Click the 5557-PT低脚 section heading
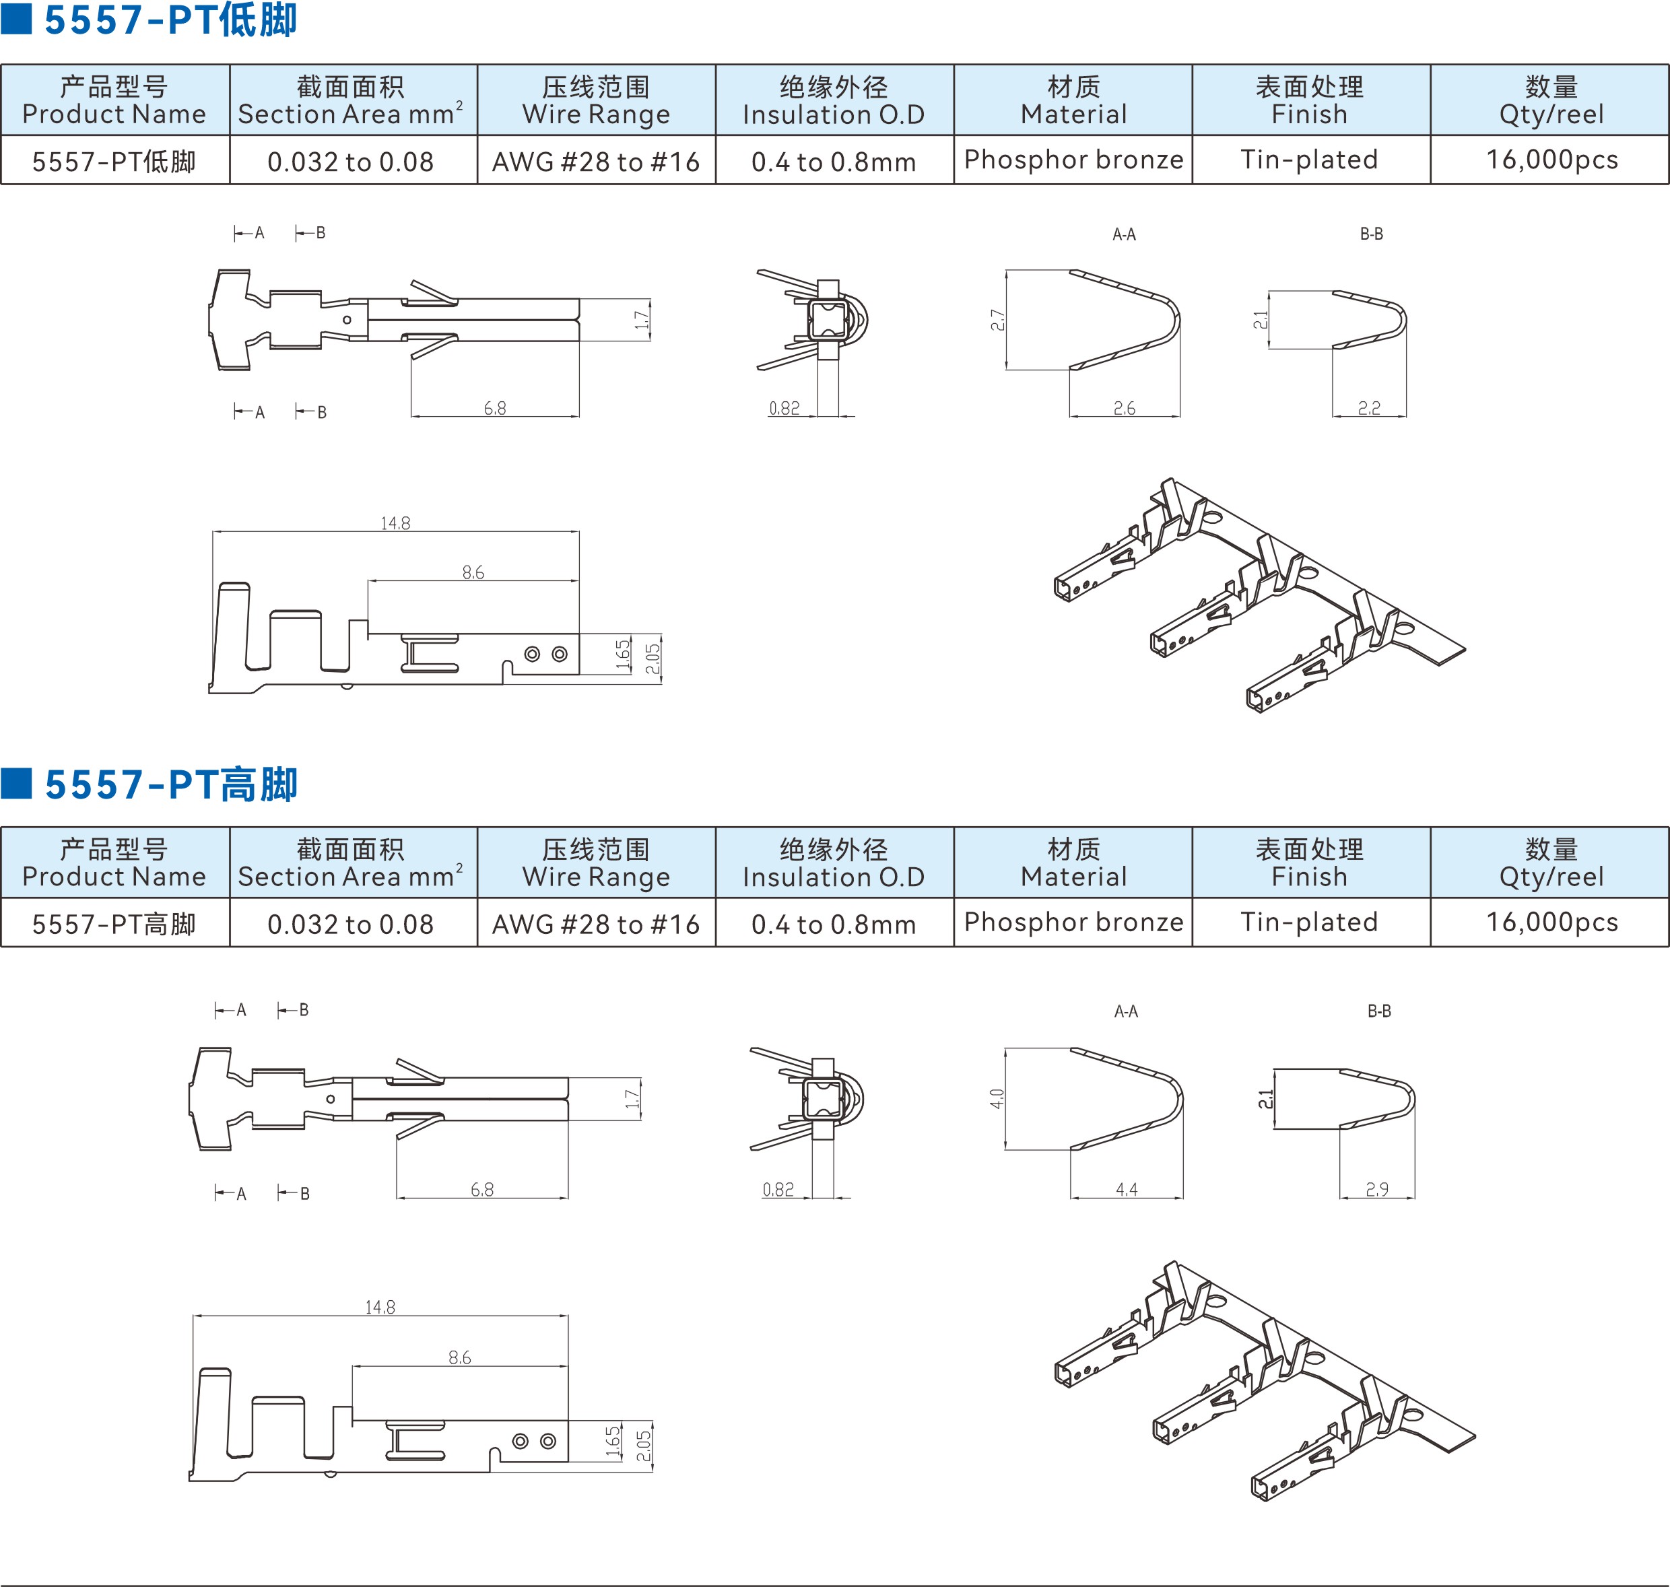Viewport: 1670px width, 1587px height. click(x=170, y=20)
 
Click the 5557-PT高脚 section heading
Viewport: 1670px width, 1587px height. click(x=171, y=784)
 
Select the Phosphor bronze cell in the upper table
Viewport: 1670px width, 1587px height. click(x=1073, y=160)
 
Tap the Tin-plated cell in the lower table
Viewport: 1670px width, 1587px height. click(x=1309, y=922)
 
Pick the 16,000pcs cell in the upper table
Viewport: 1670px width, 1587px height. click(x=1551, y=160)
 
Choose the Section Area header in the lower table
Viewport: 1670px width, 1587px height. click(x=349, y=862)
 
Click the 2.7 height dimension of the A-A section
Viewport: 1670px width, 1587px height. click(x=997, y=320)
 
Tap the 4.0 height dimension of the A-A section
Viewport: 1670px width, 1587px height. click(x=997, y=1099)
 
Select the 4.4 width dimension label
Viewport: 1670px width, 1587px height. click(x=1126, y=1189)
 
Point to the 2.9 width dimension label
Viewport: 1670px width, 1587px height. click(x=1376, y=1189)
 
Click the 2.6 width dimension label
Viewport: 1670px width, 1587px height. click(x=1125, y=409)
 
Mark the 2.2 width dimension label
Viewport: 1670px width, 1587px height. click(x=1369, y=409)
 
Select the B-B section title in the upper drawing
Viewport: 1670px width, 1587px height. click(x=1372, y=234)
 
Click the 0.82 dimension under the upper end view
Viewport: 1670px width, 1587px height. click(x=784, y=409)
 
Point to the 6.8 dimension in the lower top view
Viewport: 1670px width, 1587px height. click(x=482, y=1189)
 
